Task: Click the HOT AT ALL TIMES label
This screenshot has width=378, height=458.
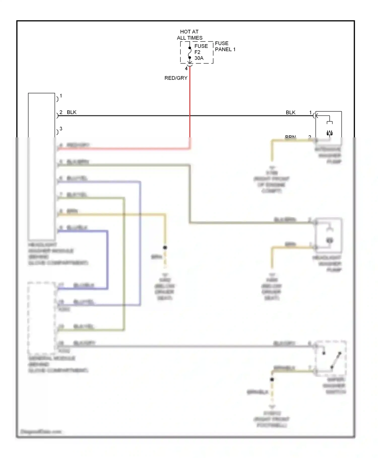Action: pos(190,35)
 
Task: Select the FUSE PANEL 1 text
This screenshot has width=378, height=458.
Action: pos(225,46)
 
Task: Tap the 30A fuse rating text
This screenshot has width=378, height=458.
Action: pos(199,58)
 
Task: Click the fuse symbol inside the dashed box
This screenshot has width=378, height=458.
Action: pos(190,53)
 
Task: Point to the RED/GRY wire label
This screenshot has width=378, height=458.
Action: pos(176,78)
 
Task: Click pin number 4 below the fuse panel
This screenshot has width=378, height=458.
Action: pos(186,69)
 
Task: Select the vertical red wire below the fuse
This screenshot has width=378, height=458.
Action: pos(190,101)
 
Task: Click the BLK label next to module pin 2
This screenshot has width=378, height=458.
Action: pos(72,112)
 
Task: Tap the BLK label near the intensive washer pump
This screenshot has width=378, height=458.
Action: pos(290,113)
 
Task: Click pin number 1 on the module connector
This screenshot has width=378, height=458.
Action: pos(61,96)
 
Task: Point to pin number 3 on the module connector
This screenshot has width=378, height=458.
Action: pos(61,129)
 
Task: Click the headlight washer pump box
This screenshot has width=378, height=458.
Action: pos(329,235)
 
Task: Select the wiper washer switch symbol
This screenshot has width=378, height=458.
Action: pos(331,359)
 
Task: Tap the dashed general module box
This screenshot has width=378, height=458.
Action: pos(41,318)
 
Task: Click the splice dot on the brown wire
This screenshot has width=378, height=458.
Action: pos(165,248)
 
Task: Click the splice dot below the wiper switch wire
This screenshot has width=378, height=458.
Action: pos(272,379)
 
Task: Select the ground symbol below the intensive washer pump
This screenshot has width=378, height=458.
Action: pos(272,167)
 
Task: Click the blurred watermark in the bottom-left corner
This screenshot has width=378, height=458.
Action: pos(41,431)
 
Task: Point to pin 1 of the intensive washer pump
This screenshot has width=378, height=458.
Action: pos(310,113)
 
